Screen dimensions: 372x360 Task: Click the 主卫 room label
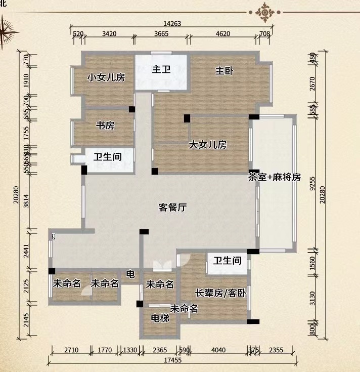161,69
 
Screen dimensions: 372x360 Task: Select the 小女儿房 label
106,77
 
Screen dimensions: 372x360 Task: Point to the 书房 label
105,126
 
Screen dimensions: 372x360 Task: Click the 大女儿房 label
208,145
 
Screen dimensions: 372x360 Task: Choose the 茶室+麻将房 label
275,177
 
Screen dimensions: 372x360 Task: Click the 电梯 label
160,318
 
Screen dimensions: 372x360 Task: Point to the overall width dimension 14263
172,23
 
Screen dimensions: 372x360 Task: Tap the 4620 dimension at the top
223,34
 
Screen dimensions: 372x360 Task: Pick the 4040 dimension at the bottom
217,349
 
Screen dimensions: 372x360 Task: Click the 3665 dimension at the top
161,34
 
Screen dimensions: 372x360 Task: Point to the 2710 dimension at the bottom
71,349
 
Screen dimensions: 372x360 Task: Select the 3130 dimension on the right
313,299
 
